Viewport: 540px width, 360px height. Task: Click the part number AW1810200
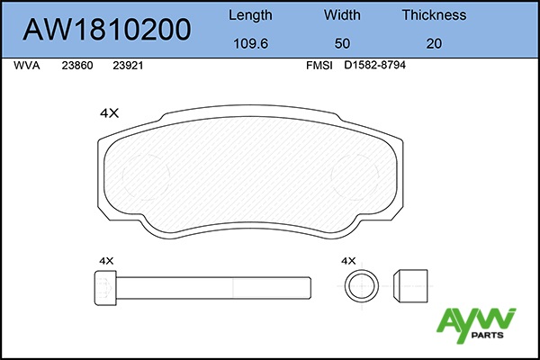pos(107,30)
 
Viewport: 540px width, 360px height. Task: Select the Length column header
pos(250,15)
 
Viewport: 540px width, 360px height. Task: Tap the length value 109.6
pos(250,44)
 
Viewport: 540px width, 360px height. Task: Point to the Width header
pos(342,14)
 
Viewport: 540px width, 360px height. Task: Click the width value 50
pos(342,44)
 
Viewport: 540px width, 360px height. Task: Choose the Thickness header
pos(434,14)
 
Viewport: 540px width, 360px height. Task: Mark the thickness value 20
pos(434,44)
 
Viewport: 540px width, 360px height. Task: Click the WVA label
pos(26,66)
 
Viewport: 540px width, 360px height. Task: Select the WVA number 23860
pos(77,66)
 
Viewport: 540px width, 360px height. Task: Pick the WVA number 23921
pos(128,66)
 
